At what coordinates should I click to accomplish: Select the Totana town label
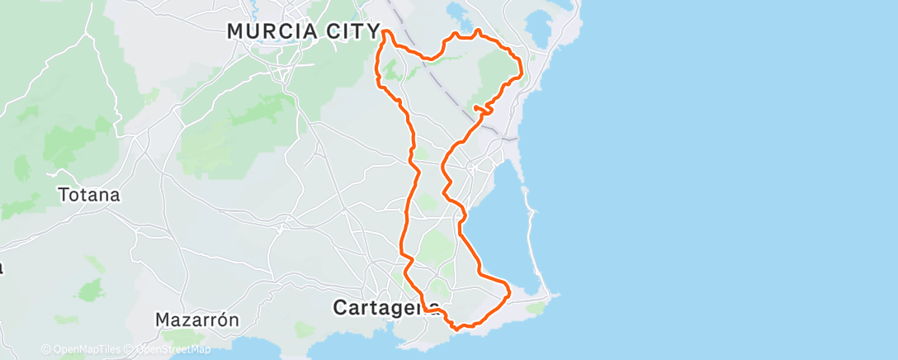[x=89, y=196]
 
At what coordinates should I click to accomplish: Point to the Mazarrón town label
[x=197, y=320]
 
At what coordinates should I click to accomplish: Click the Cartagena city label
[x=385, y=307]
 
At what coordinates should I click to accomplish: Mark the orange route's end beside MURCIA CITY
[x=384, y=32]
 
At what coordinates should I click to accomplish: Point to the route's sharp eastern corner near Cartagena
[x=509, y=291]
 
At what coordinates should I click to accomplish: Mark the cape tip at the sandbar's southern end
[x=557, y=295]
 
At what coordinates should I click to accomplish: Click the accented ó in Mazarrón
[x=224, y=320]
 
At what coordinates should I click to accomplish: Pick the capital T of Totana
[x=64, y=196]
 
